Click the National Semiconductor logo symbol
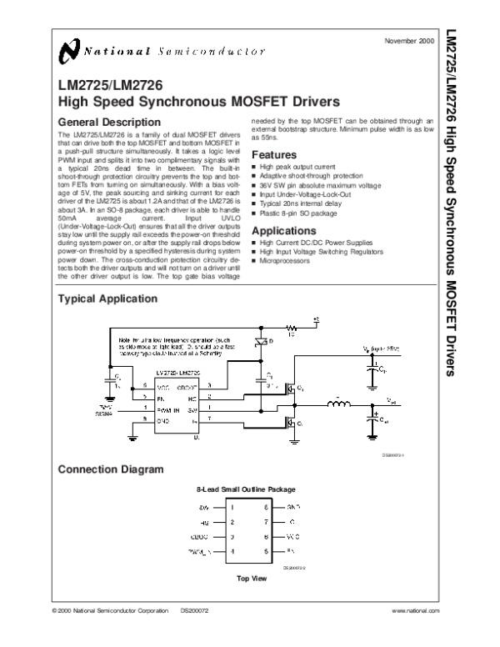point(70,53)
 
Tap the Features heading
point(274,155)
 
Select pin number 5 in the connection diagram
point(266,551)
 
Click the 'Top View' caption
point(251,577)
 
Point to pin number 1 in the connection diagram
point(233,506)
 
